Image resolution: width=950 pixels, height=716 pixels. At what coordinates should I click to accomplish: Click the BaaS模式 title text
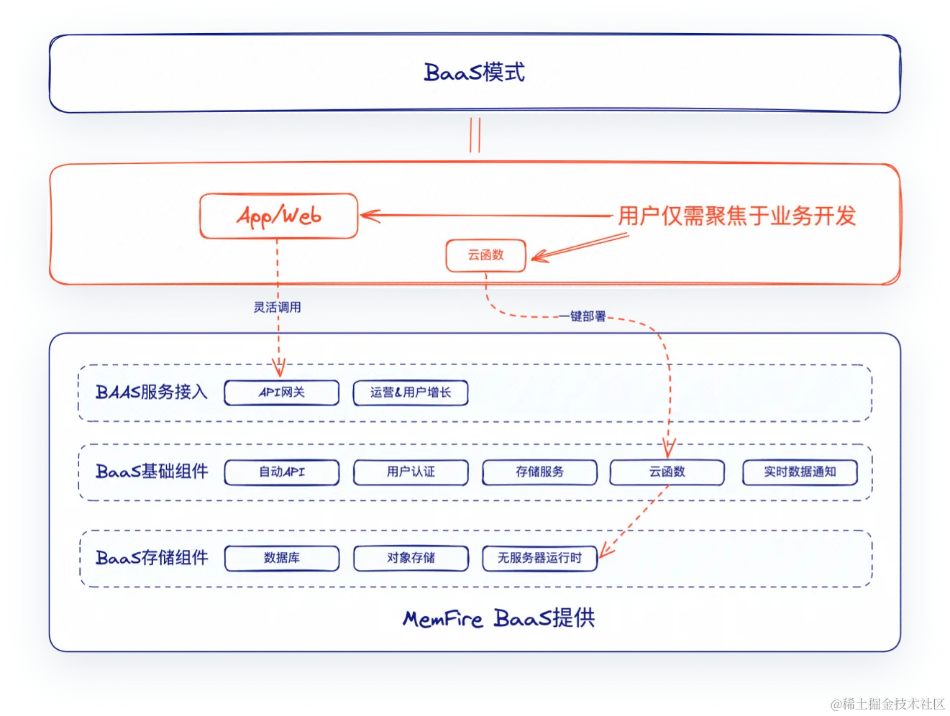[x=475, y=73]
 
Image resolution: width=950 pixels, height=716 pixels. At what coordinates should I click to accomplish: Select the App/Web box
[x=278, y=216]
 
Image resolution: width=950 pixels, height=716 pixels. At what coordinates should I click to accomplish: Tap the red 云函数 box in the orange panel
[x=486, y=255]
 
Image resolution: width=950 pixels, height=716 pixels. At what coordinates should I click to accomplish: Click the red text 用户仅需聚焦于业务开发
[x=737, y=216]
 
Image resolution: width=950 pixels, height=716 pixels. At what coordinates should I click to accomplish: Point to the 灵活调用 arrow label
[x=277, y=307]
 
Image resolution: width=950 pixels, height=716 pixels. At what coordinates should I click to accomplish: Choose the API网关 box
[x=282, y=393]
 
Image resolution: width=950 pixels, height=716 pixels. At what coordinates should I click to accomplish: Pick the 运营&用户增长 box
[x=411, y=393]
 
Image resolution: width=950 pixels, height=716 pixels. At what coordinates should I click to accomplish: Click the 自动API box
[x=282, y=472]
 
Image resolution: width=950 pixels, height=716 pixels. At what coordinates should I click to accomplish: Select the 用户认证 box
[x=411, y=472]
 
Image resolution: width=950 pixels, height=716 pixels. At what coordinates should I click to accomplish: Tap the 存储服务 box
[x=539, y=472]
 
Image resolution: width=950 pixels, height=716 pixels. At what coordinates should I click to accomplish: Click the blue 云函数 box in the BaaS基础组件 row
[x=667, y=472]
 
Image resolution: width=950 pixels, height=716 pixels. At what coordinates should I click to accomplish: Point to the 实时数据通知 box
[x=800, y=472]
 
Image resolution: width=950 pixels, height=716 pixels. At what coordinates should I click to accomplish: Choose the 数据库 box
[x=282, y=559]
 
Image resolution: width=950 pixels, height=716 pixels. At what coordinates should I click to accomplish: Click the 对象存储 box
[x=411, y=559]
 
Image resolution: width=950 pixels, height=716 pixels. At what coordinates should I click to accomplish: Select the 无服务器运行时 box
[x=539, y=559]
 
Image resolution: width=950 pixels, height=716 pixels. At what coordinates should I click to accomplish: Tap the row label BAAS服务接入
[x=152, y=393]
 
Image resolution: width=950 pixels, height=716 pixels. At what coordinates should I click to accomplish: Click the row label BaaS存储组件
[x=152, y=558]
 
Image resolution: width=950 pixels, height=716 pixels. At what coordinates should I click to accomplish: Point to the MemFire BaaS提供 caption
[x=498, y=618]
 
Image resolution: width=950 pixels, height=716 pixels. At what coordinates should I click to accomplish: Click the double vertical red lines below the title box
[x=475, y=135]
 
